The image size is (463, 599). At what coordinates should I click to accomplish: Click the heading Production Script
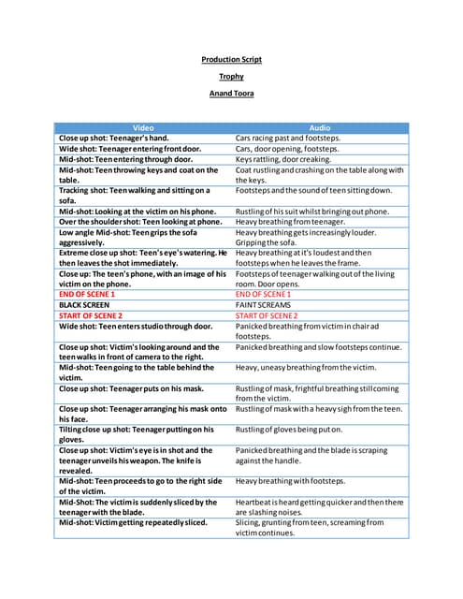click(x=231, y=60)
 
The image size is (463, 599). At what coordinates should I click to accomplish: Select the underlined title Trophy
click(x=231, y=77)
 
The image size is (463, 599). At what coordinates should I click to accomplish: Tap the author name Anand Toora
click(x=231, y=94)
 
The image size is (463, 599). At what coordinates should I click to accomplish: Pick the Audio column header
click(x=320, y=126)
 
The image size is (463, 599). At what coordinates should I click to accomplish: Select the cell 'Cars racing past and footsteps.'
click(x=288, y=138)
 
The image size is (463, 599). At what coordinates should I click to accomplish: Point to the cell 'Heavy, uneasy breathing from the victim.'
click(x=306, y=368)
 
